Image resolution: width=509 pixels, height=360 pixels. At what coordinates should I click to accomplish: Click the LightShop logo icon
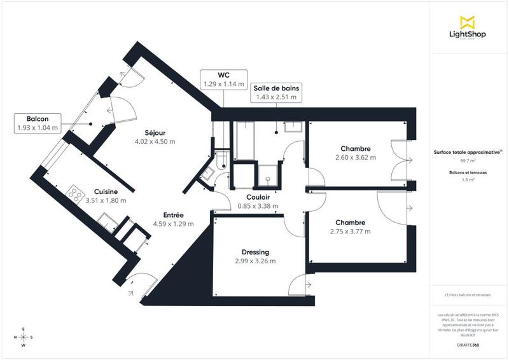click(x=468, y=22)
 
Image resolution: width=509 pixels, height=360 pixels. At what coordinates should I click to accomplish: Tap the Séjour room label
click(x=155, y=132)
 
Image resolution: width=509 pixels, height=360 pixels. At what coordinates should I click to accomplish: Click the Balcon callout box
click(x=38, y=123)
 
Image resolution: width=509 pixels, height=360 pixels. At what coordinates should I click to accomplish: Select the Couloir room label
click(x=258, y=197)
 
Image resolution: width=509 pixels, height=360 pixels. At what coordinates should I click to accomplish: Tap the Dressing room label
click(x=255, y=252)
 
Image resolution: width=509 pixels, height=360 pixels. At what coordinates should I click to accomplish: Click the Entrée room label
click(x=173, y=215)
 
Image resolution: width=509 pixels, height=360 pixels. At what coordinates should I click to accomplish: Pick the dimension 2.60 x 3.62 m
click(x=356, y=157)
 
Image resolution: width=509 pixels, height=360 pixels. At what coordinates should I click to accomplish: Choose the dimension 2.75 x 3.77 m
click(x=350, y=232)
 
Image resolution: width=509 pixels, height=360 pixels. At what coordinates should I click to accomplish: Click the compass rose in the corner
click(x=24, y=337)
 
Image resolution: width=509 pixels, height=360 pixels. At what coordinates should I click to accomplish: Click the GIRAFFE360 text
click(x=468, y=343)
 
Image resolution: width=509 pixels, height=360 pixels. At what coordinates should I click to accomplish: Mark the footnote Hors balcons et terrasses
click(x=468, y=295)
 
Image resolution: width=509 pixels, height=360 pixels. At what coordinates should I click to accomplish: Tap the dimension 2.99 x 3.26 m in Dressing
click(x=255, y=261)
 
